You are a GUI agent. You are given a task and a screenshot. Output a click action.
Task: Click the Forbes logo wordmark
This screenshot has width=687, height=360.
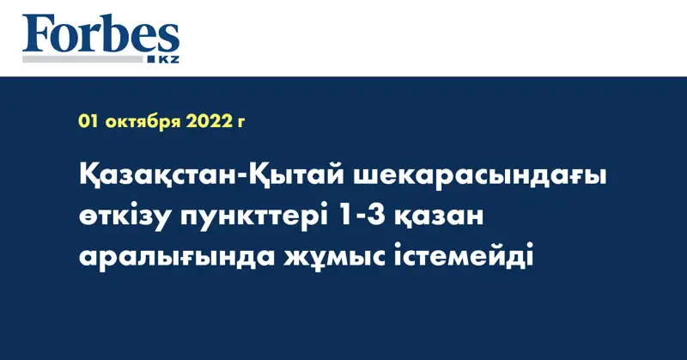pyautogui.click(x=101, y=37)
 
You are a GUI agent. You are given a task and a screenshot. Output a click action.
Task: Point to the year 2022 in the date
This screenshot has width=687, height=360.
pyautogui.click(x=208, y=122)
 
